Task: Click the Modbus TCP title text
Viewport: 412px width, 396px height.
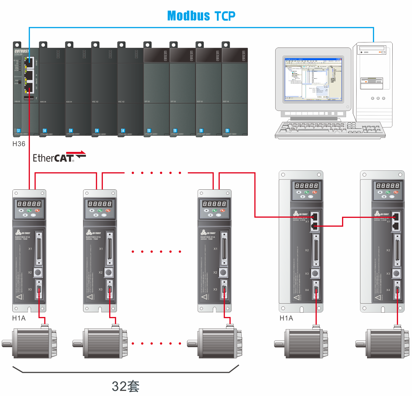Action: pos(201,16)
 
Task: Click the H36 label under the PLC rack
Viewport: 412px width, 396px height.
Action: pos(19,144)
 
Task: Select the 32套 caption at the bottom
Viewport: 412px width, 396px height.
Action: pos(125,386)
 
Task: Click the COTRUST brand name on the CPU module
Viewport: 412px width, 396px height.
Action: pos(22,51)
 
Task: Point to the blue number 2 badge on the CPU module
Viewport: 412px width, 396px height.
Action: pos(19,131)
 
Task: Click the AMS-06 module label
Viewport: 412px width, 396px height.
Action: pos(43,102)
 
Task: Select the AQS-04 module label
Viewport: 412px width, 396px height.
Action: pos(69,102)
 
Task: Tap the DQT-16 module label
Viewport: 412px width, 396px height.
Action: pos(226,102)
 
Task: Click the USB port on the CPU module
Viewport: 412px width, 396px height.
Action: pos(29,98)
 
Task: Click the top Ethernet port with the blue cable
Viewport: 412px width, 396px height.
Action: pos(29,62)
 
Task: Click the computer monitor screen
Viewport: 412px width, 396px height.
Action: pos(313,79)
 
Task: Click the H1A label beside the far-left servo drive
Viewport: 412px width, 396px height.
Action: pos(19,318)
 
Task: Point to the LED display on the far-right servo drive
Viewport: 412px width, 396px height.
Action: pos(388,186)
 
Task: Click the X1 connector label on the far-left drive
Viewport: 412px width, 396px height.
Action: pos(30,249)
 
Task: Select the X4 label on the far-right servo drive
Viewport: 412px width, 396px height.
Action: pos(388,290)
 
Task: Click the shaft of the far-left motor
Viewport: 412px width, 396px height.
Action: pos(7,343)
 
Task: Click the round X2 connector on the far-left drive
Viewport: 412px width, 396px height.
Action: pos(38,272)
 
